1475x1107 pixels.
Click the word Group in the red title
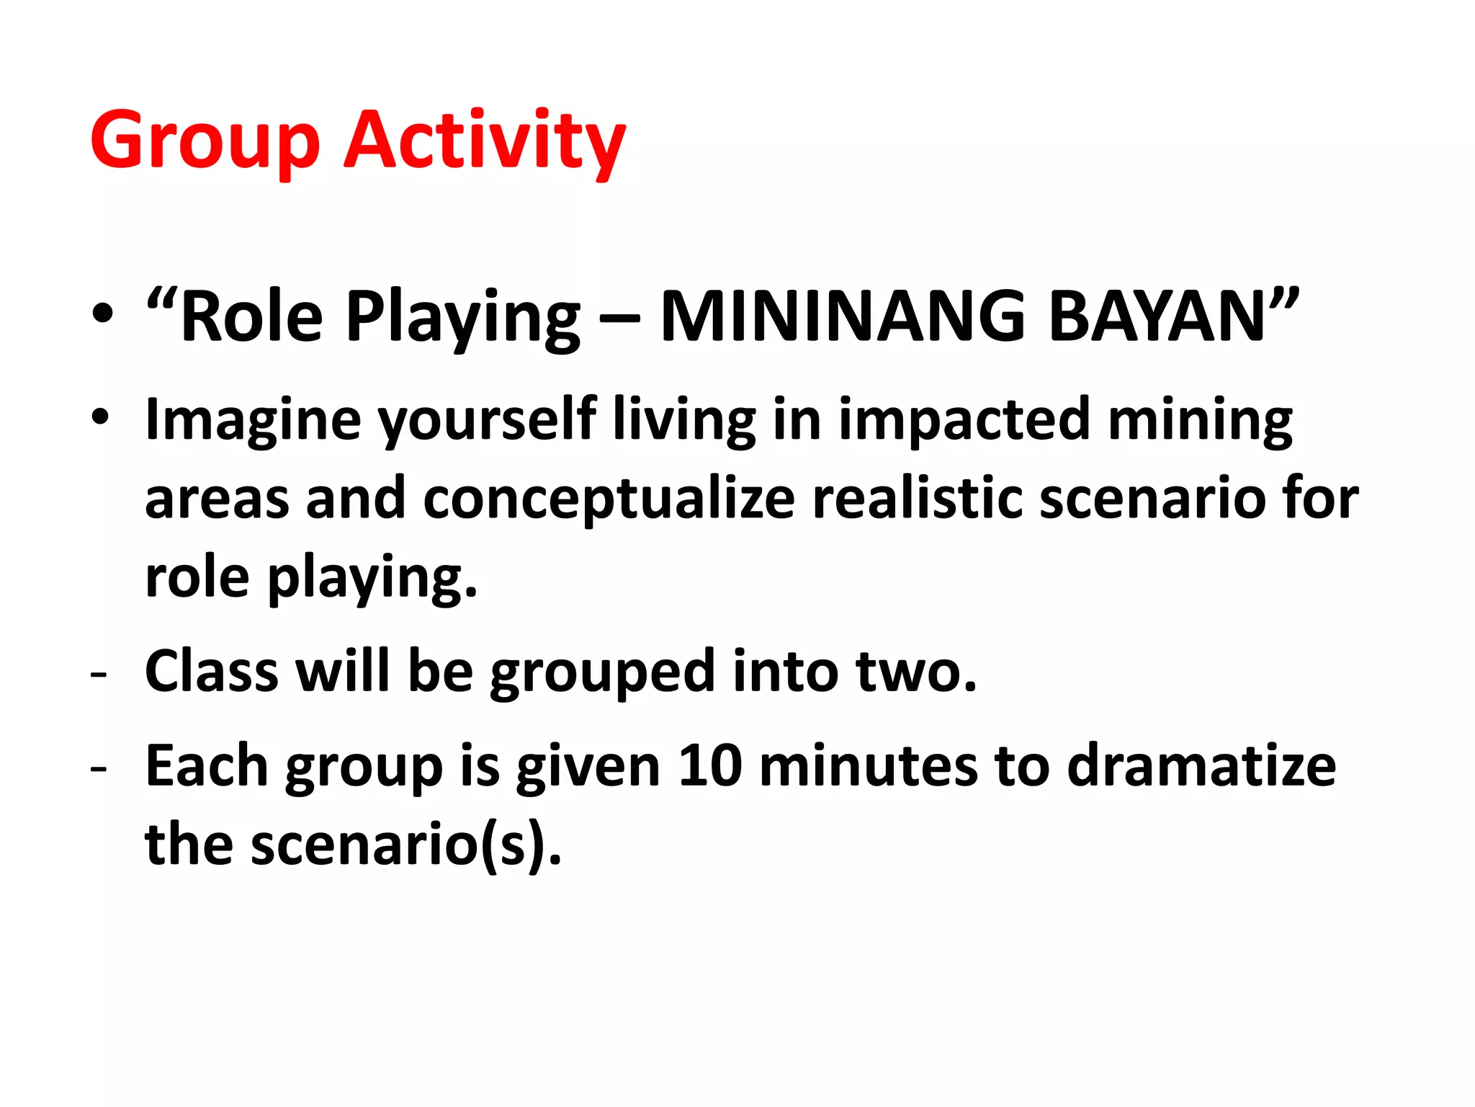205,141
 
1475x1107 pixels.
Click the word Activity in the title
484,141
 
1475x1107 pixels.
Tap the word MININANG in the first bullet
843,317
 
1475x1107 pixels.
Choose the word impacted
964,420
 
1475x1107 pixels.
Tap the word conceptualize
609,499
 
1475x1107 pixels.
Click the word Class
212,672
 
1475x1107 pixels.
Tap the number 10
710,766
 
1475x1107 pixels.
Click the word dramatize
1201,766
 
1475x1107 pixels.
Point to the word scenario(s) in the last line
405,845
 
